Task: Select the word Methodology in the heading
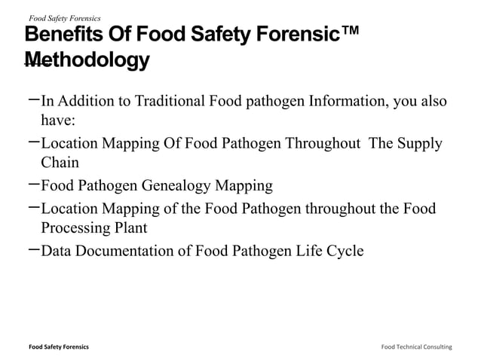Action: (x=86, y=59)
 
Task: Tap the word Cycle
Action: (x=343, y=251)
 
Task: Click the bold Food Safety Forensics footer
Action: (x=58, y=346)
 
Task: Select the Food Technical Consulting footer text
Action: (x=416, y=346)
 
